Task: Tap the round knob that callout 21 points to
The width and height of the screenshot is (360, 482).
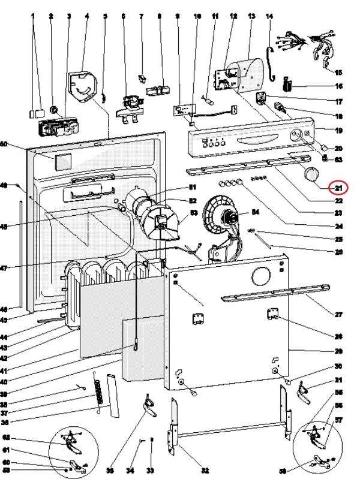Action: pos(311,174)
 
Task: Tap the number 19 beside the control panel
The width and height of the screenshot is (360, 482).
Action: pos(338,130)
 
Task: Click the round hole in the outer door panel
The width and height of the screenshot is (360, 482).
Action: pos(260,276)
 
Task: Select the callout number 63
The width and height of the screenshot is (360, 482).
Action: pos(338,159)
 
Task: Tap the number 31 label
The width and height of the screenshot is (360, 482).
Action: pos(338,381)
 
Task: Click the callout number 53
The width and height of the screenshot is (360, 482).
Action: pos(194,212)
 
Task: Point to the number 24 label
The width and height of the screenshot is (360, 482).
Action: pos(338,226)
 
